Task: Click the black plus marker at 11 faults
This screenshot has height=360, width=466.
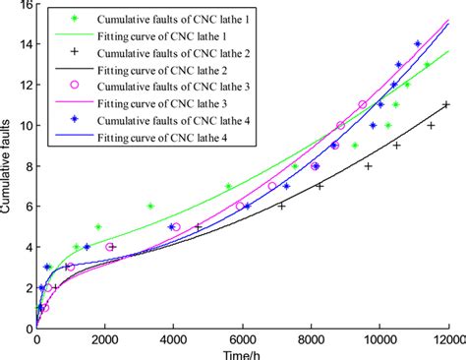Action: (445, 105)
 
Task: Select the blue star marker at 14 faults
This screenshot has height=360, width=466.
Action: (418, 44)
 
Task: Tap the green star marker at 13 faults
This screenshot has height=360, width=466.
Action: (427, 65)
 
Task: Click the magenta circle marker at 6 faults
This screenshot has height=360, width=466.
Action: (240, 206)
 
